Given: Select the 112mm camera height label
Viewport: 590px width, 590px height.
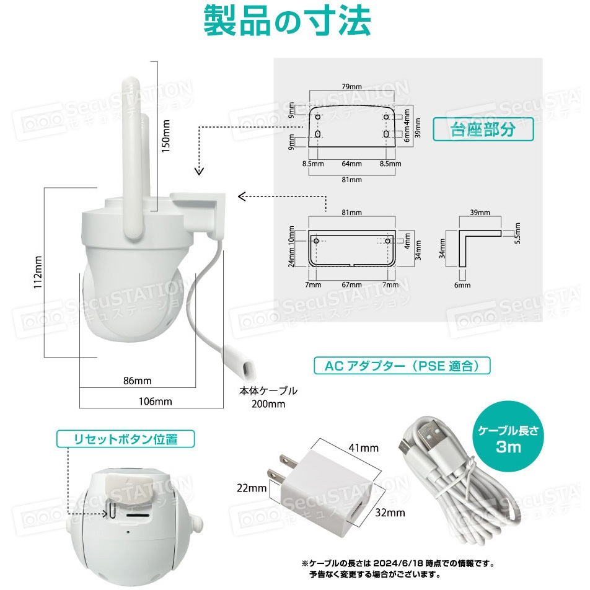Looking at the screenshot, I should tap(38, 273).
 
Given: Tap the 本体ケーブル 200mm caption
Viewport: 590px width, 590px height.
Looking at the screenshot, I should tap(268, 397).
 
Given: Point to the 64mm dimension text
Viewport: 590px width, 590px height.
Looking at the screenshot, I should tap(351, 164).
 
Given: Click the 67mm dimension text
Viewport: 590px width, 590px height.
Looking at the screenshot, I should tap(351, 284).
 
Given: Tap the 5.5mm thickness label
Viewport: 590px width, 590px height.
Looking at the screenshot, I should tap(518, 233).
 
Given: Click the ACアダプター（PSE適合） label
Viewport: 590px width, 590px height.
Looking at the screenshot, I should tap(402, 366).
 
